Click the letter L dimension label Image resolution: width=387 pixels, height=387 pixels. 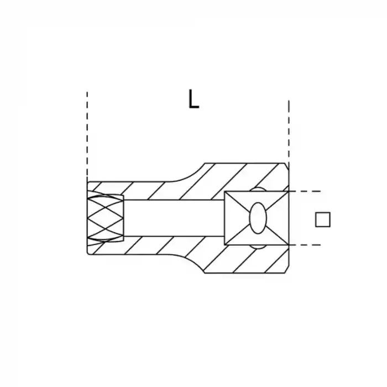point(193,99)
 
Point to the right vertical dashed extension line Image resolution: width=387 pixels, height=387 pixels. point(289,132)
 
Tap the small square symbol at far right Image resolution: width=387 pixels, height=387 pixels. point(323,219)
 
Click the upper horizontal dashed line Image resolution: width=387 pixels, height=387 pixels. point(305,191)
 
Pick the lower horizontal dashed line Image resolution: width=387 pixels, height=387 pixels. point(305,245)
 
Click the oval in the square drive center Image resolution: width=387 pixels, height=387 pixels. point(258,218)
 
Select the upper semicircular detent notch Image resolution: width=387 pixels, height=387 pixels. point(258,189)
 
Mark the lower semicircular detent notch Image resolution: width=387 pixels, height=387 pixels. point(258,247)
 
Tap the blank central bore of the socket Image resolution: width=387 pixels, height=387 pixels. point(174,218)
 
